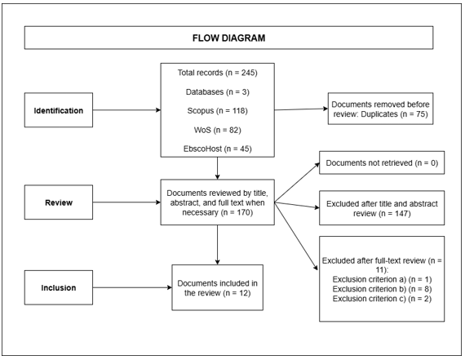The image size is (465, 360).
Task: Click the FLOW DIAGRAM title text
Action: [232, 38]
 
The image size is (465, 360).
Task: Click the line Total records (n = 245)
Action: [218, 73]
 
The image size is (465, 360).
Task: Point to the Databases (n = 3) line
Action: [218, 91]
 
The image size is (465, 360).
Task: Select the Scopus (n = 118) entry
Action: [218, 111]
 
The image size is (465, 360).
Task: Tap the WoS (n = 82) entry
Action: [218, 130]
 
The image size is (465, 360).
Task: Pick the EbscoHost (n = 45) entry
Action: [218, 149]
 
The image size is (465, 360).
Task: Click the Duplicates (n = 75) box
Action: [383, 112]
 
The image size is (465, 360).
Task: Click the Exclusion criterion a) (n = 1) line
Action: [383, 279]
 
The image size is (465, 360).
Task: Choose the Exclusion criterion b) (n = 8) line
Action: [383, 291]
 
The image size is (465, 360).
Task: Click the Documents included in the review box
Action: [218, 287]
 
